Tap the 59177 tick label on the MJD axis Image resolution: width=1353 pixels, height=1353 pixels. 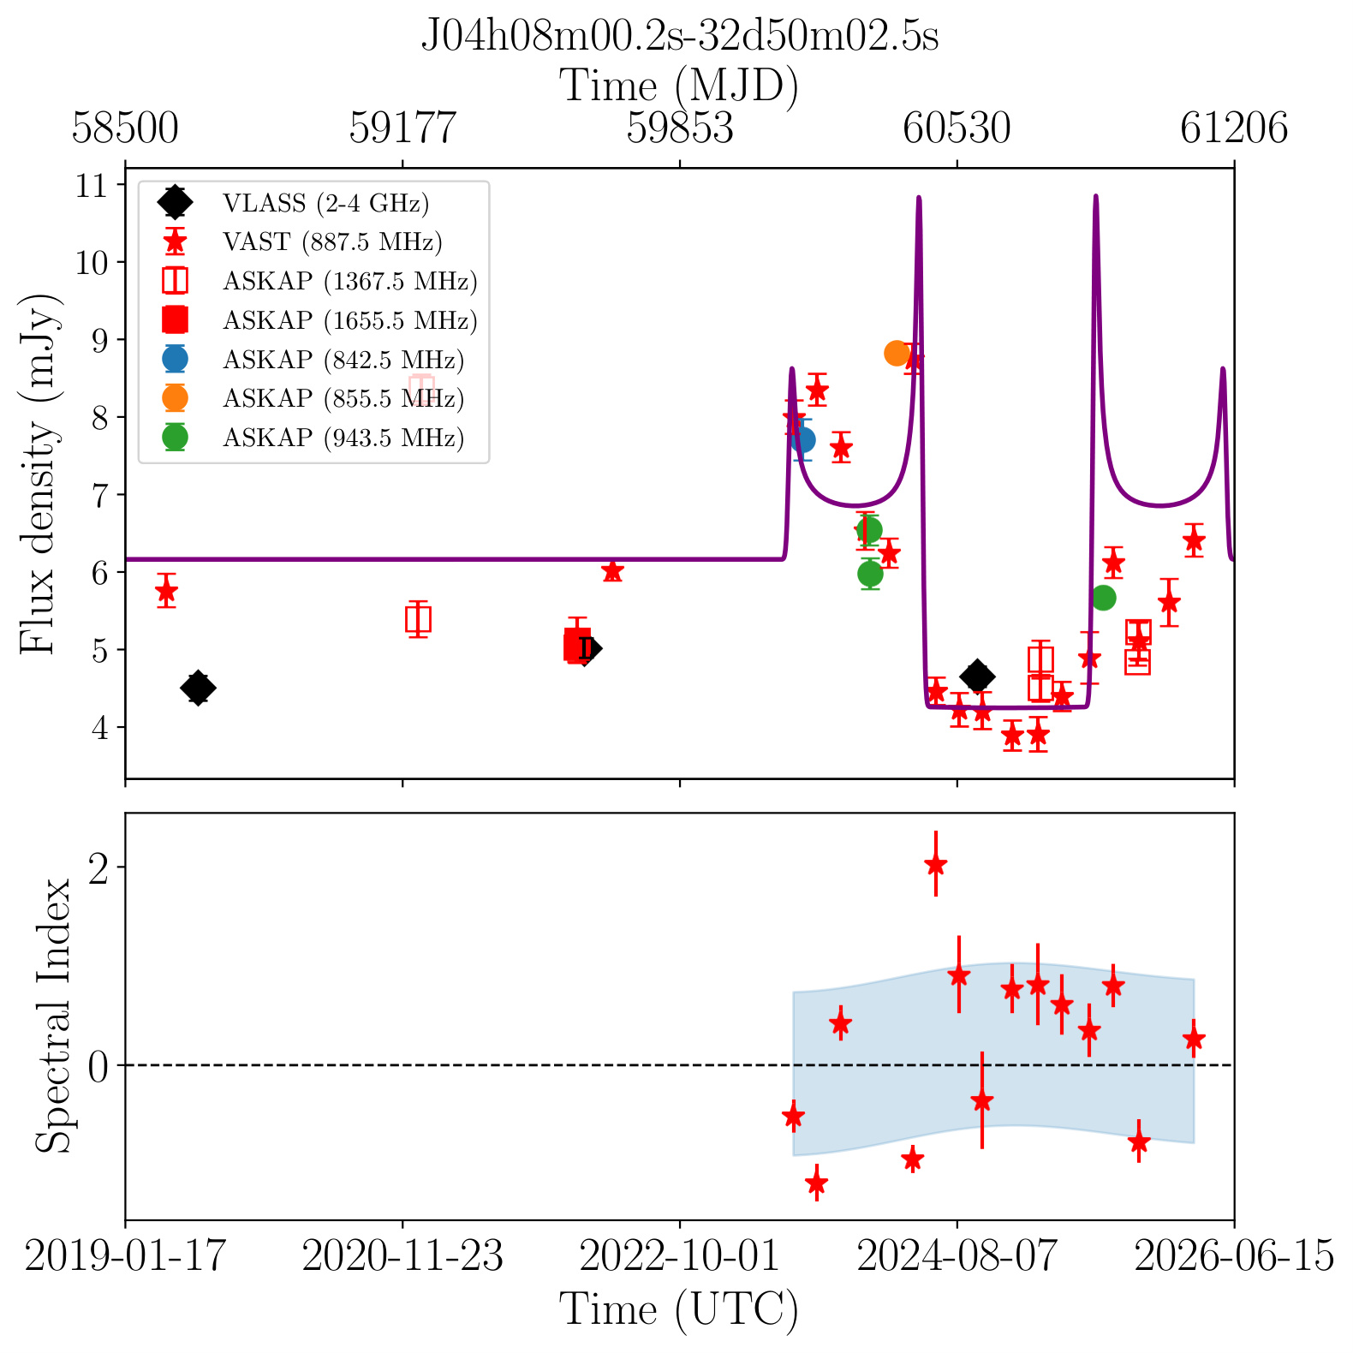click(402, 128)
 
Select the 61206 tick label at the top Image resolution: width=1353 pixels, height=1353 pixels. click(1234, 128)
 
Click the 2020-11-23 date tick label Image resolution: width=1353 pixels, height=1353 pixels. click(402, 1256)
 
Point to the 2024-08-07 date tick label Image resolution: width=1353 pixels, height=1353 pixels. click(957, 1256)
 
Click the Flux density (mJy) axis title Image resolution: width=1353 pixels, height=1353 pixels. click(39, 473)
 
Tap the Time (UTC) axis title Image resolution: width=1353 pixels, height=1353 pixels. click(679, 1310)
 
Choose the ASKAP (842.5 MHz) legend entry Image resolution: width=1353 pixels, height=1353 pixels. click(312, 360)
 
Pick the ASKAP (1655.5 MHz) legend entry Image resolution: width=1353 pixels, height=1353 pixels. click(318, 320)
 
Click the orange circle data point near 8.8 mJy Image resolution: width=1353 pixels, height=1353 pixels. click(897, 353)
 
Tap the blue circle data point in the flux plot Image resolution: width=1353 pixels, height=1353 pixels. click(802, 440)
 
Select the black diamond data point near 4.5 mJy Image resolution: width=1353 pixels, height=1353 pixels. click(198, 688)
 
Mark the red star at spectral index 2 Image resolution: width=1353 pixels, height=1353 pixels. click(935, 864)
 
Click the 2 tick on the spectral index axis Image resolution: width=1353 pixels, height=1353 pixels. click(100, 867)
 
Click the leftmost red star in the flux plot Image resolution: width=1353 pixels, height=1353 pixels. click(167, 591)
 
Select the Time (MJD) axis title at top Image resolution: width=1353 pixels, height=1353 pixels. click(679, 86)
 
